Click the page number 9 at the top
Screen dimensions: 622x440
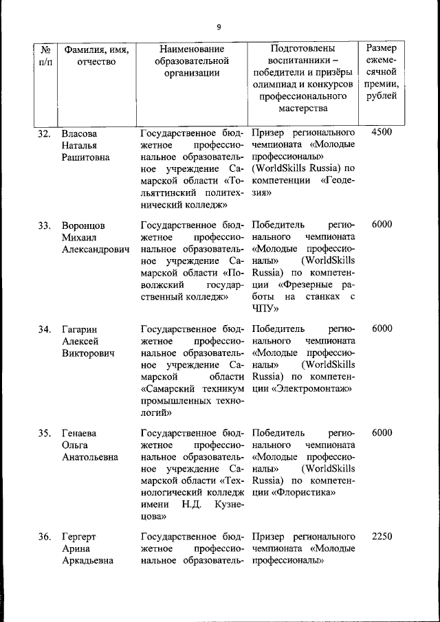(219, 27)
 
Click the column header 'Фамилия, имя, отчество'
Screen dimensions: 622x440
(96, 56)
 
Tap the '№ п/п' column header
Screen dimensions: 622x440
(46, 56)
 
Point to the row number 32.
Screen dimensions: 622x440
(45, 133)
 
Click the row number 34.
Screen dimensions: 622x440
(45, 329)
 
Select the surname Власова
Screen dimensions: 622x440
(79, 133)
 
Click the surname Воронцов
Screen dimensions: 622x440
(84, 225)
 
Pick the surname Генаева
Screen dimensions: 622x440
(79, 433)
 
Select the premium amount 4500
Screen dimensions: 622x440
(382, 132)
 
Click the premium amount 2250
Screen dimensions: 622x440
(382, 536)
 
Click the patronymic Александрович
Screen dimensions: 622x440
(96, 250)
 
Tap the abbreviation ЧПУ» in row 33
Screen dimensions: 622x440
(264, 309)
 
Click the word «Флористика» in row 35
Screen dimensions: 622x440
(305, 492)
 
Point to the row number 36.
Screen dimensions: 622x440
(45, 537)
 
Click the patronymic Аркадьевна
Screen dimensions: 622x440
(89, 562)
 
